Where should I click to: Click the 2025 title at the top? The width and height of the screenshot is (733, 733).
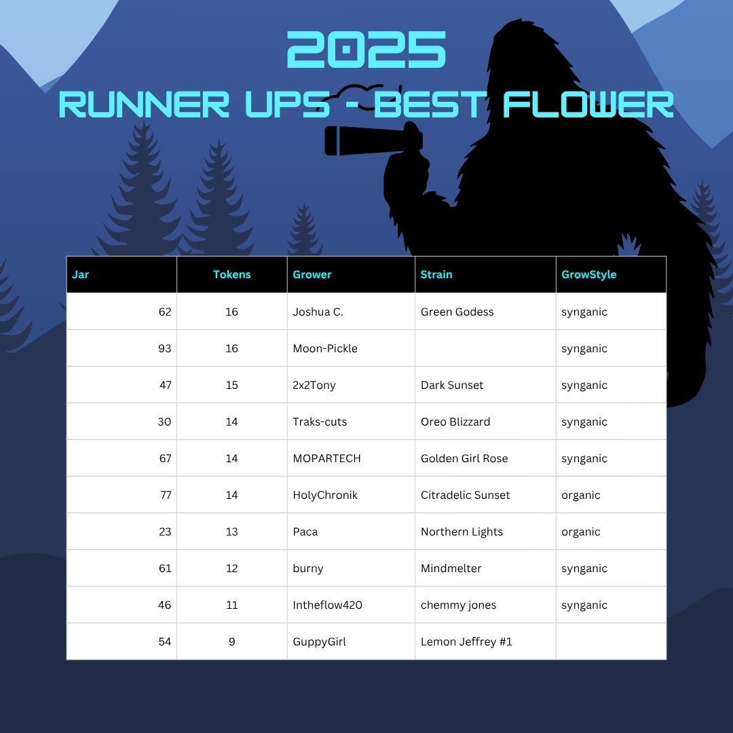pyautogui.click(x=366, y=50)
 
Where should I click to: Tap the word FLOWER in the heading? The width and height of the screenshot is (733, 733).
pyautogui.click(x=588, y=105)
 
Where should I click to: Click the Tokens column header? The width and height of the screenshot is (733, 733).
pyautogui.click(x=232, y=274)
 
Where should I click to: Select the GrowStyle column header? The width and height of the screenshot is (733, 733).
pyautogui.click(x=588, y=274)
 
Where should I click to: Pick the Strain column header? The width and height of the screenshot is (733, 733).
pyautogui.click(x=436, y=274)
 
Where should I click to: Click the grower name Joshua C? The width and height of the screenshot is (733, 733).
pyautogui.click(x=318, y=312)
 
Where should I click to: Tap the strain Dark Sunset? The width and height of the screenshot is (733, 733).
pyautogui.click(x=451, y=386)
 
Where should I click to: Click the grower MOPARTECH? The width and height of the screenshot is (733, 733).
pyautogui.click(x=326, y=459)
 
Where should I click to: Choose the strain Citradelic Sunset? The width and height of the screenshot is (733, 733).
pyautogui.click(x=465, y=495)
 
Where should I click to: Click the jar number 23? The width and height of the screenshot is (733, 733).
pyautogui.click(x=165, y=531)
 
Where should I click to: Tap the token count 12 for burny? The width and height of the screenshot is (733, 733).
pyautogui.click(x=232, y=569)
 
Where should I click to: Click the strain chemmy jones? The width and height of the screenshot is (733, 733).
pyautogui.click(x=458, y=605)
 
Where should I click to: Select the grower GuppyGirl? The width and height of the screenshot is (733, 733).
pyautogui.click(x=319, y=642)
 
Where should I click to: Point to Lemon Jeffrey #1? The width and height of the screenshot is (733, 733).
pyautogui.click(x=466, y=642)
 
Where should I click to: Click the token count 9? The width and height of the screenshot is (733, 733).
pyautogui.click(x=232, y=642)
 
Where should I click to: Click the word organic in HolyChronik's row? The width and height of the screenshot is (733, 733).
pyautogui.click(x=580, y=495)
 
